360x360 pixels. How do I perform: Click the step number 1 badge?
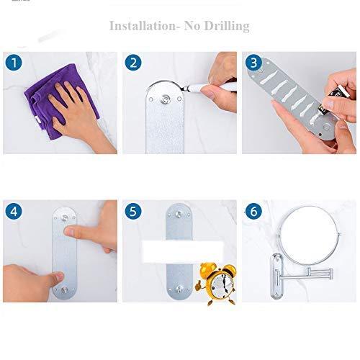point(14,63)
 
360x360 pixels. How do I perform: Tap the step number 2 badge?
point(133,63)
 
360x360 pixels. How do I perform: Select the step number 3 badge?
point(253,63)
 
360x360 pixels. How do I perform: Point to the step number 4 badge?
point(14,211)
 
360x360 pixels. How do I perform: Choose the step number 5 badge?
point(133,211)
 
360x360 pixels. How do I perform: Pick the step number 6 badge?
point(253,211)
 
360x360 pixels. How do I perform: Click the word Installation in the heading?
point(143,26)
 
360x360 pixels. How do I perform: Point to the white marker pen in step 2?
point(211,87)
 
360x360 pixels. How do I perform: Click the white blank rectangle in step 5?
point(183,251)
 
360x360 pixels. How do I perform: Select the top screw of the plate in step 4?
point(65,218)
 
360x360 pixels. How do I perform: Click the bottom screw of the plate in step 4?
point(64,289)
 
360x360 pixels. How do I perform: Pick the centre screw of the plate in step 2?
point(165,99)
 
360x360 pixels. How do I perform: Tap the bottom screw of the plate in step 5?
point(179,288)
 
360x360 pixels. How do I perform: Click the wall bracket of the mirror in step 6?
point(276,276)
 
